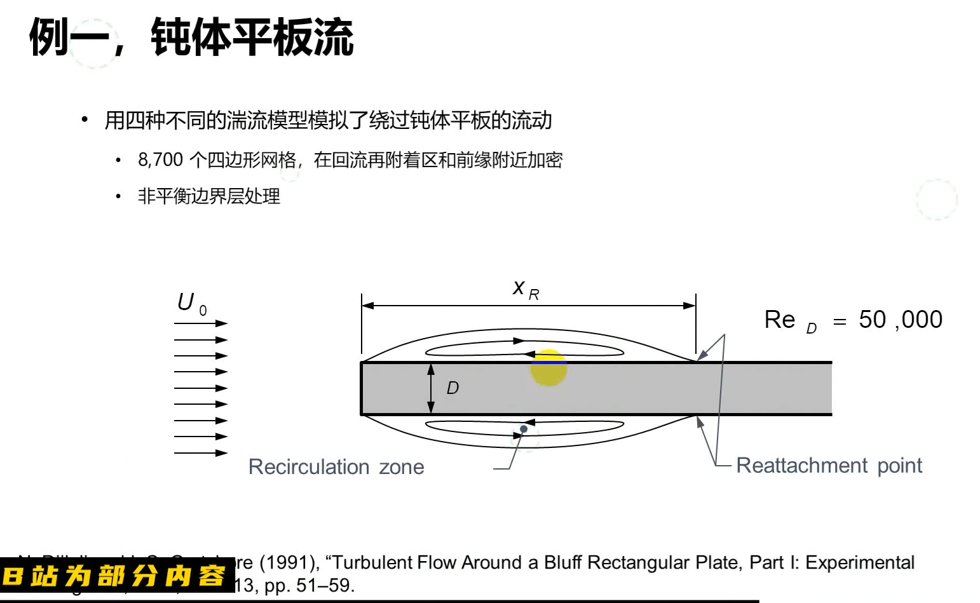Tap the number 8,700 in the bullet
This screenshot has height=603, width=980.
(x=161, y=160)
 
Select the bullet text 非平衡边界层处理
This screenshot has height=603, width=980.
(x=208, y=196)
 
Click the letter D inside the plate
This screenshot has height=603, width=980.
(x=453, y=388)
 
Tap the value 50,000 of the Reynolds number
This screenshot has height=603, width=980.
(x=900, y=320)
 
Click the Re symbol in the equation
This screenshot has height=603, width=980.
(x=780, y=320)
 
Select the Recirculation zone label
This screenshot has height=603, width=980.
(x=336, y=467)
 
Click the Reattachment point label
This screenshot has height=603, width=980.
(x=829, y=466)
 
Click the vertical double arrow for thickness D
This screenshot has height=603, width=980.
(x=431, y=388)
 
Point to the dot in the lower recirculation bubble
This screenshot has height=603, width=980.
(x=524, y=429)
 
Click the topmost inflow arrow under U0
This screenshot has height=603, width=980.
(x=200, y=323)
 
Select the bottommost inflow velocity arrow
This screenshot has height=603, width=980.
(x=200, y=453)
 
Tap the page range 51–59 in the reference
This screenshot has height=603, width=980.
(x=324, y=585)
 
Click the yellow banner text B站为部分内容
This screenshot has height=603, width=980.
(x=114, y=576)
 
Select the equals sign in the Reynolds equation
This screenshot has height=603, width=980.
(x=840, y=322)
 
